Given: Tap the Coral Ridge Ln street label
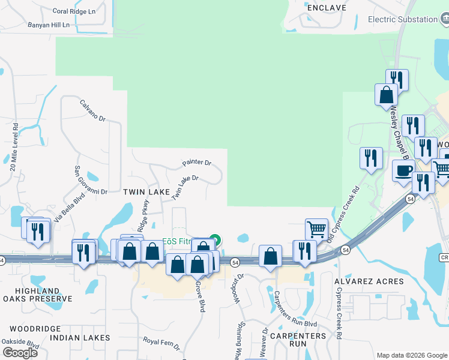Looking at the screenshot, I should tap(74, 11).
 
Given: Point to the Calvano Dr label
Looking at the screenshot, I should tap(93, 110).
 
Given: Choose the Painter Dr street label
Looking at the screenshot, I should tap(197, 163).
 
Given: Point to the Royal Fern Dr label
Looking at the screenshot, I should tap(161, 342).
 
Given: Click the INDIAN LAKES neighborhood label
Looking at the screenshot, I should tap(80, 338).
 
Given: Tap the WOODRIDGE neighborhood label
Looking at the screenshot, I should tap(35, 329).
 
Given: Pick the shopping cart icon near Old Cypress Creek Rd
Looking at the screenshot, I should tap(316, 229).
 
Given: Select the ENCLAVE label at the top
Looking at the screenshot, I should tap(327, 8).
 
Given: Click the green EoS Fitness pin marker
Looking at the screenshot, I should tap(215, 240).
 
